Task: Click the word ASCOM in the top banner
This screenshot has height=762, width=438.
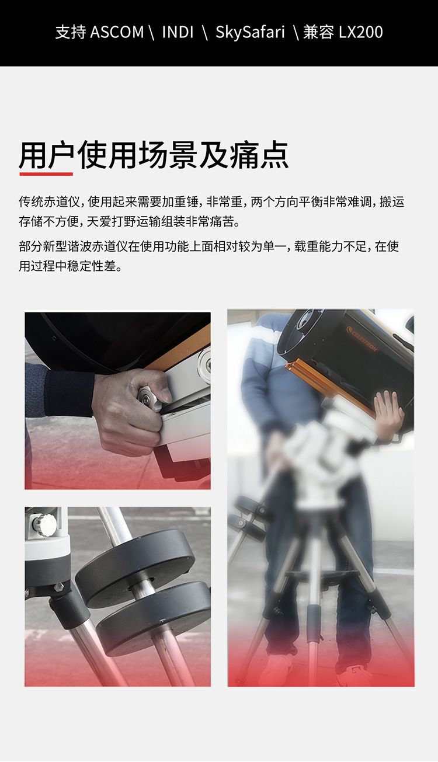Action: [x=117, y=32]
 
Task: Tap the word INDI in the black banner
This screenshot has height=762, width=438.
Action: [x=178, y=32]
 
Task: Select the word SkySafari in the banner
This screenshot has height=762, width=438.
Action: [x=250, y=33]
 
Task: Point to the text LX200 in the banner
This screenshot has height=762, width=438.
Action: [x=361, y=32]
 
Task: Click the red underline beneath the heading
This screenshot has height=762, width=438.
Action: [x=46, y=174]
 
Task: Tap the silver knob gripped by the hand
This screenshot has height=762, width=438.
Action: [x=148, y=398]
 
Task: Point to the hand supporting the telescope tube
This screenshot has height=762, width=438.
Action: [x=389, y=416]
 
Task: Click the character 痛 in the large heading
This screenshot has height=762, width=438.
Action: [x=244, y=155]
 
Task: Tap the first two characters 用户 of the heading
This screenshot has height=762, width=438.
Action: [x=47, y=155]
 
